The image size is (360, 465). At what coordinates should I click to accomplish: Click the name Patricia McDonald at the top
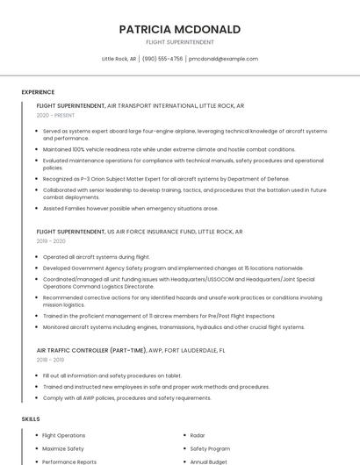[x=179, y=29]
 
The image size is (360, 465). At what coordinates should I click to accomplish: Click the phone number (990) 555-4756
[x=162, y=59]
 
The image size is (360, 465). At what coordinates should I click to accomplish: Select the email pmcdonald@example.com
[x=223, y=59]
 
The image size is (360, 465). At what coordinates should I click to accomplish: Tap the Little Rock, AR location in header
[x=119, y=59]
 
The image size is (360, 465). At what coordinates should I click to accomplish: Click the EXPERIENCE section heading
[x=38, y=92]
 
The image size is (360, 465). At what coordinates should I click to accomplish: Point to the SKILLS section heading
[x=31, y=419]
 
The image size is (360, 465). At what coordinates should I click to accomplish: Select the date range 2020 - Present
[x=56, y=115]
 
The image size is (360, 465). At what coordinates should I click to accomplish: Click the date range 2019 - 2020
[x=51, y=240]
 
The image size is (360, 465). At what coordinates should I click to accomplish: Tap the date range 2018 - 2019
[x=51, y=360]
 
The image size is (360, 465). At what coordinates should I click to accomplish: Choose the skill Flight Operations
[x=64, y=435]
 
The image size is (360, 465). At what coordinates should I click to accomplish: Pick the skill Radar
[x=198, y=435]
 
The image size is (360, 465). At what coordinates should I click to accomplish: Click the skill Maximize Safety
[x=62, y=448]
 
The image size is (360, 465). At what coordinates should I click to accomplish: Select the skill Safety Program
[x=210, y=448]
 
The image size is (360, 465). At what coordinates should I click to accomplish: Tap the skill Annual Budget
[x=209, y=461]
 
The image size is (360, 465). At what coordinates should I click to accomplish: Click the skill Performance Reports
[x=69, y=461]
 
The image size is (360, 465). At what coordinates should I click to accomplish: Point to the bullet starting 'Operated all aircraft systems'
[x=97, y=257]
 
